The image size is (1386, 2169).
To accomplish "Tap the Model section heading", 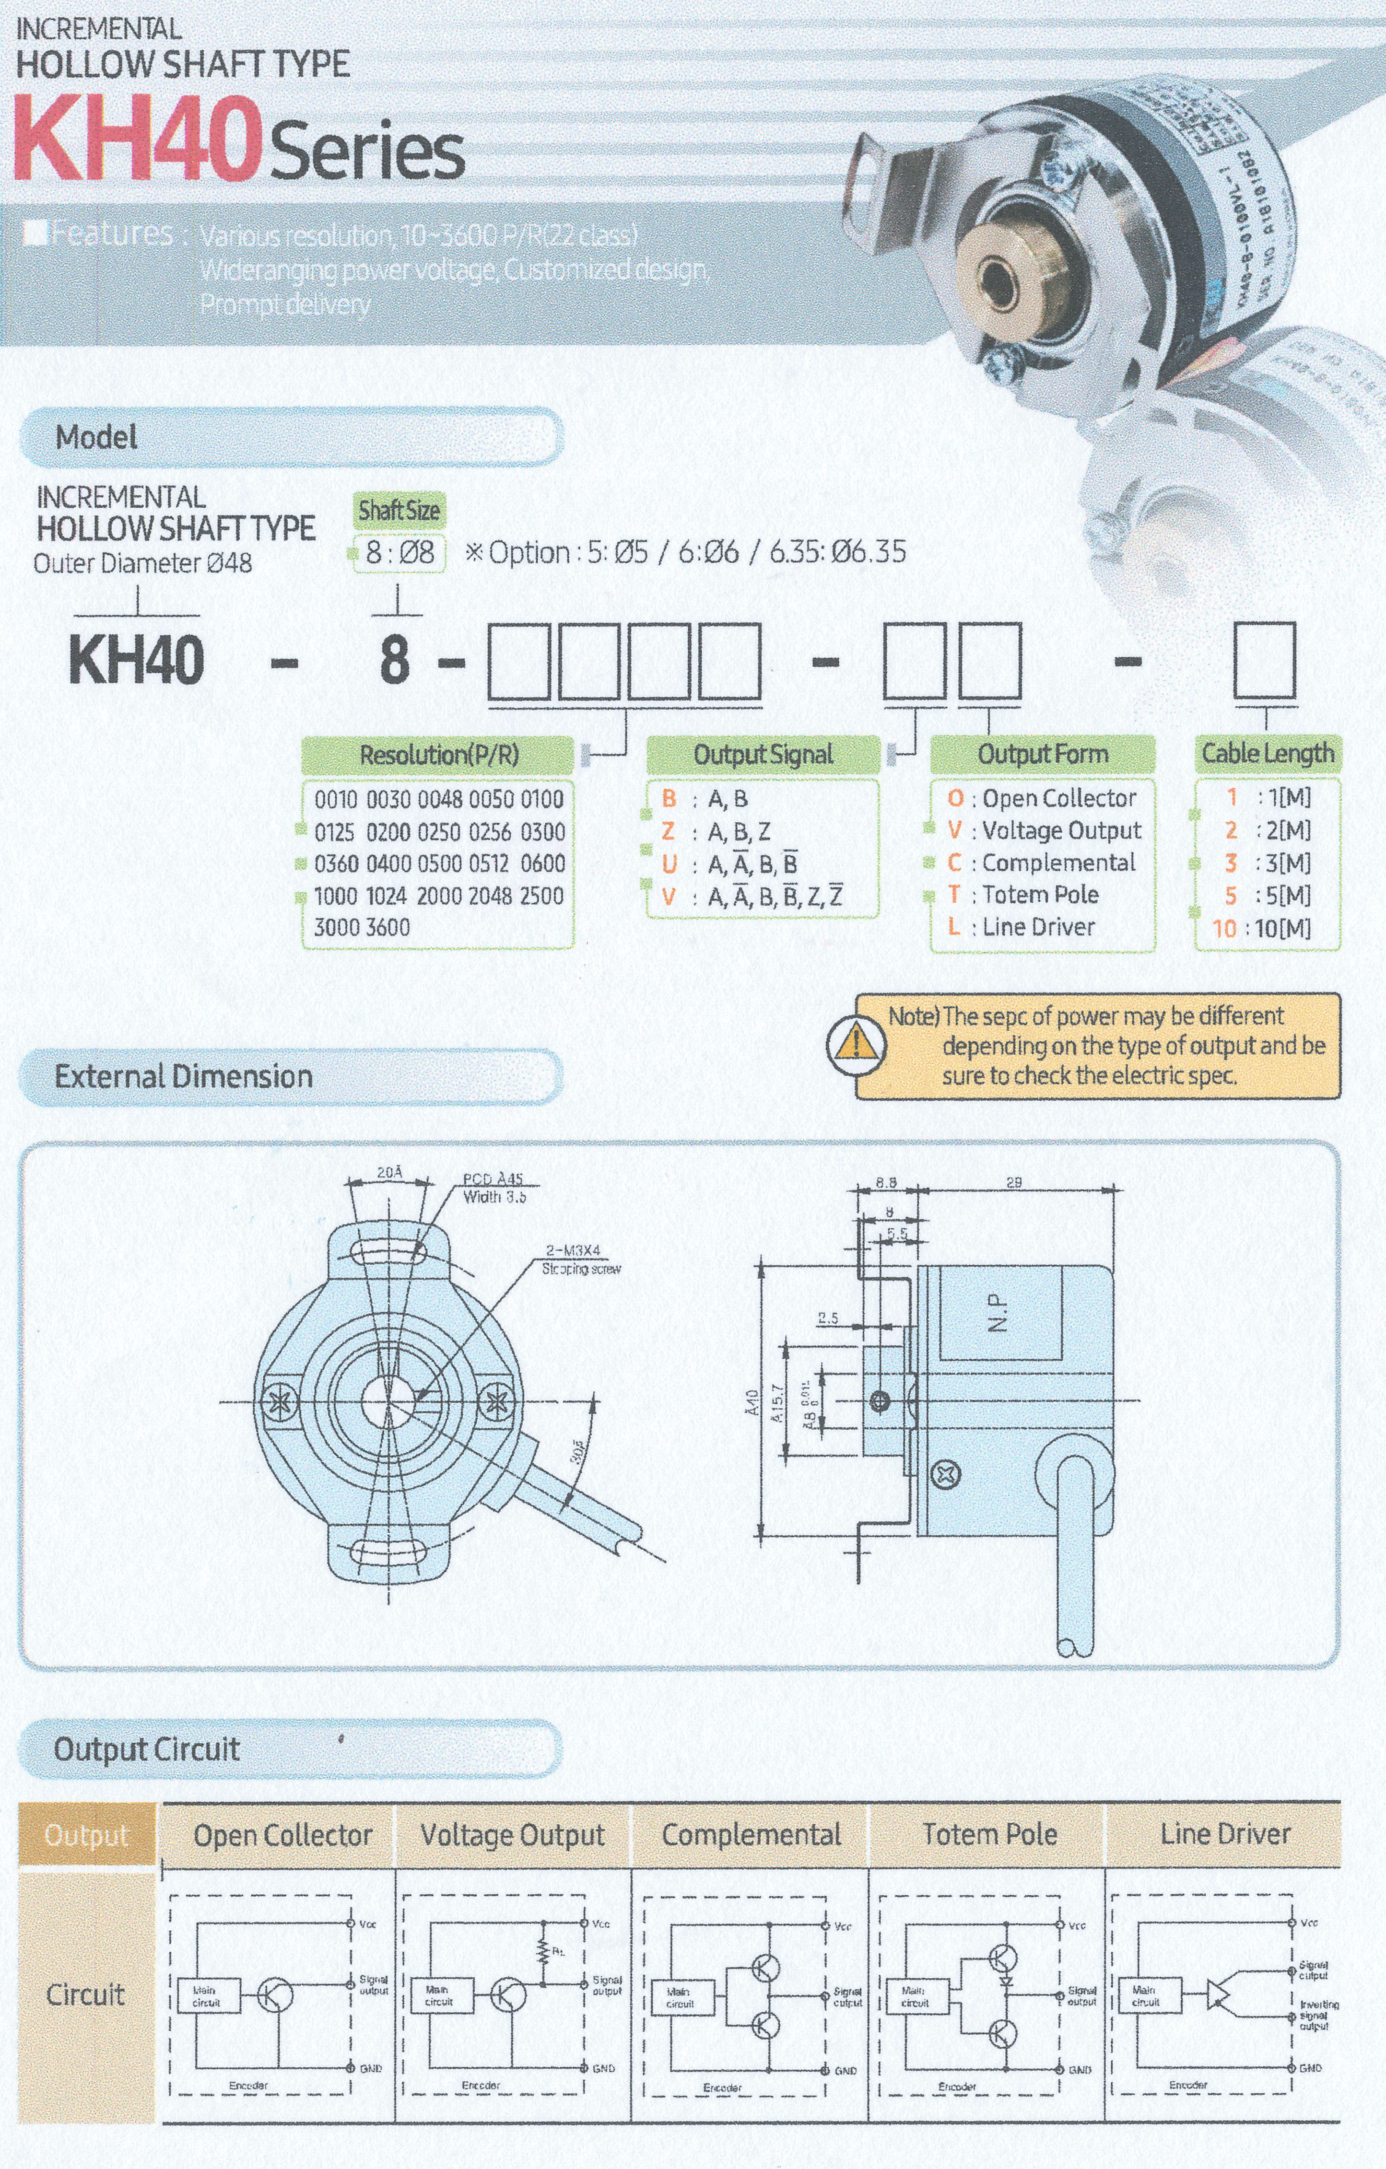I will [96, 438].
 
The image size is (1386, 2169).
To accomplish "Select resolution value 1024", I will [386, 895].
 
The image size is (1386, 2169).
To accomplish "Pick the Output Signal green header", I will [763, 754].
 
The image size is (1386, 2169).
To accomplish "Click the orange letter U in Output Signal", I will [669, 864].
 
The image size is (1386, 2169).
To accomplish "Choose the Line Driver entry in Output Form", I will [1038, 927].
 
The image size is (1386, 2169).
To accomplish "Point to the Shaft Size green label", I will [399, 511].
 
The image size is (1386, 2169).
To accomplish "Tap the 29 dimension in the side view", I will [1014, 1183].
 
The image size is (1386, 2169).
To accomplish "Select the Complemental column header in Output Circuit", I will [751, 1835].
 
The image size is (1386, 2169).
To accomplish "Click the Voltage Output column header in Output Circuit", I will [512, 1835].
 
